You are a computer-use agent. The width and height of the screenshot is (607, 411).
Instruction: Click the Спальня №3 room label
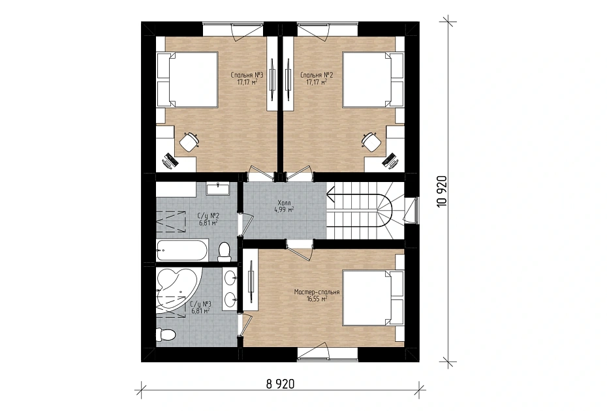[x=247, y=78]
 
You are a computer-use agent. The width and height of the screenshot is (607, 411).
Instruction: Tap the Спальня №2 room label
[x=317, y=78]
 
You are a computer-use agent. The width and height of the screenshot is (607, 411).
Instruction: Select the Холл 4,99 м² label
[x=284, y=206]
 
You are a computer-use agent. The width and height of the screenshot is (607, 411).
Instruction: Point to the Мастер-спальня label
[x=317, y=296]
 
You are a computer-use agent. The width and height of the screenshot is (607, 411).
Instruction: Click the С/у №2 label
[x=208, y=219]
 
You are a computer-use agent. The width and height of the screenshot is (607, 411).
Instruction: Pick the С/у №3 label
[x=200, y=307]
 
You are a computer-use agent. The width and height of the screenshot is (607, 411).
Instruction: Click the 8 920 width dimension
[x=280, y=384]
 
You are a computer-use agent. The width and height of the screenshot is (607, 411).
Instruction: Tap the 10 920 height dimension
[x=442, y=191]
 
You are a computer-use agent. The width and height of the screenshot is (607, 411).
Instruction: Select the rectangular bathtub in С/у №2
[x=182, y=250]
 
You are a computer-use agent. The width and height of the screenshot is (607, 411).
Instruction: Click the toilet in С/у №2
[x=224, y=252]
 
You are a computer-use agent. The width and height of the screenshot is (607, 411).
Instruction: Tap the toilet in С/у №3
[x=165, y=334]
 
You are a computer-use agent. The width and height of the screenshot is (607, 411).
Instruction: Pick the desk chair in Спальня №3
[x=189, y=142]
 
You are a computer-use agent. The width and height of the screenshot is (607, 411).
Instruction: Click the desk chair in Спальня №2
[x=371, y=142]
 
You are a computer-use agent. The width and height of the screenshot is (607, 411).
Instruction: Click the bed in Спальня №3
[x=187, y=80]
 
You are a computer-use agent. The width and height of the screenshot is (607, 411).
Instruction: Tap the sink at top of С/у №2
[x=218, y=188]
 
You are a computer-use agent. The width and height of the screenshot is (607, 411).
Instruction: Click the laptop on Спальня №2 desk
[x=390, y=160]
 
